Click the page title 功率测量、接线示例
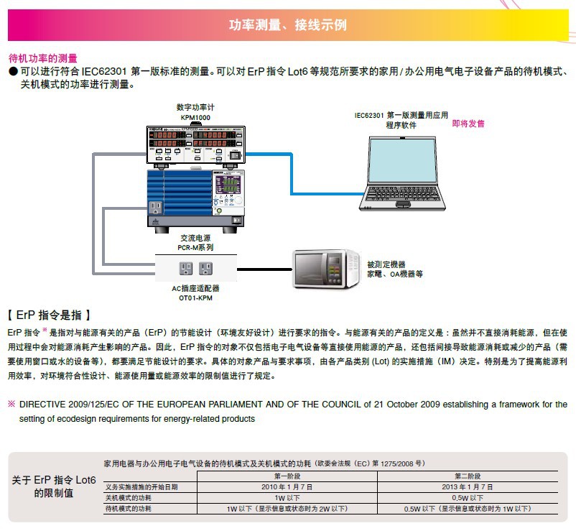coord(287,25)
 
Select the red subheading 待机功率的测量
coord(42,58)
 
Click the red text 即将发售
coord(468,124)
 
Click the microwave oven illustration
coord(323,268)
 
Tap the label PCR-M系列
coord(196,247)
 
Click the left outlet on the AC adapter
coord(185,269)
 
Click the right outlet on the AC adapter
coord(205,269)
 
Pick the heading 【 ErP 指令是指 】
coord(49,315)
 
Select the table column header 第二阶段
coord(468,476)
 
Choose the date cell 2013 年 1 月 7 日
coord(468,486)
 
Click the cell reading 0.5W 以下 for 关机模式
coord(468,497)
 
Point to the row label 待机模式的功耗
coord(129,508)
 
